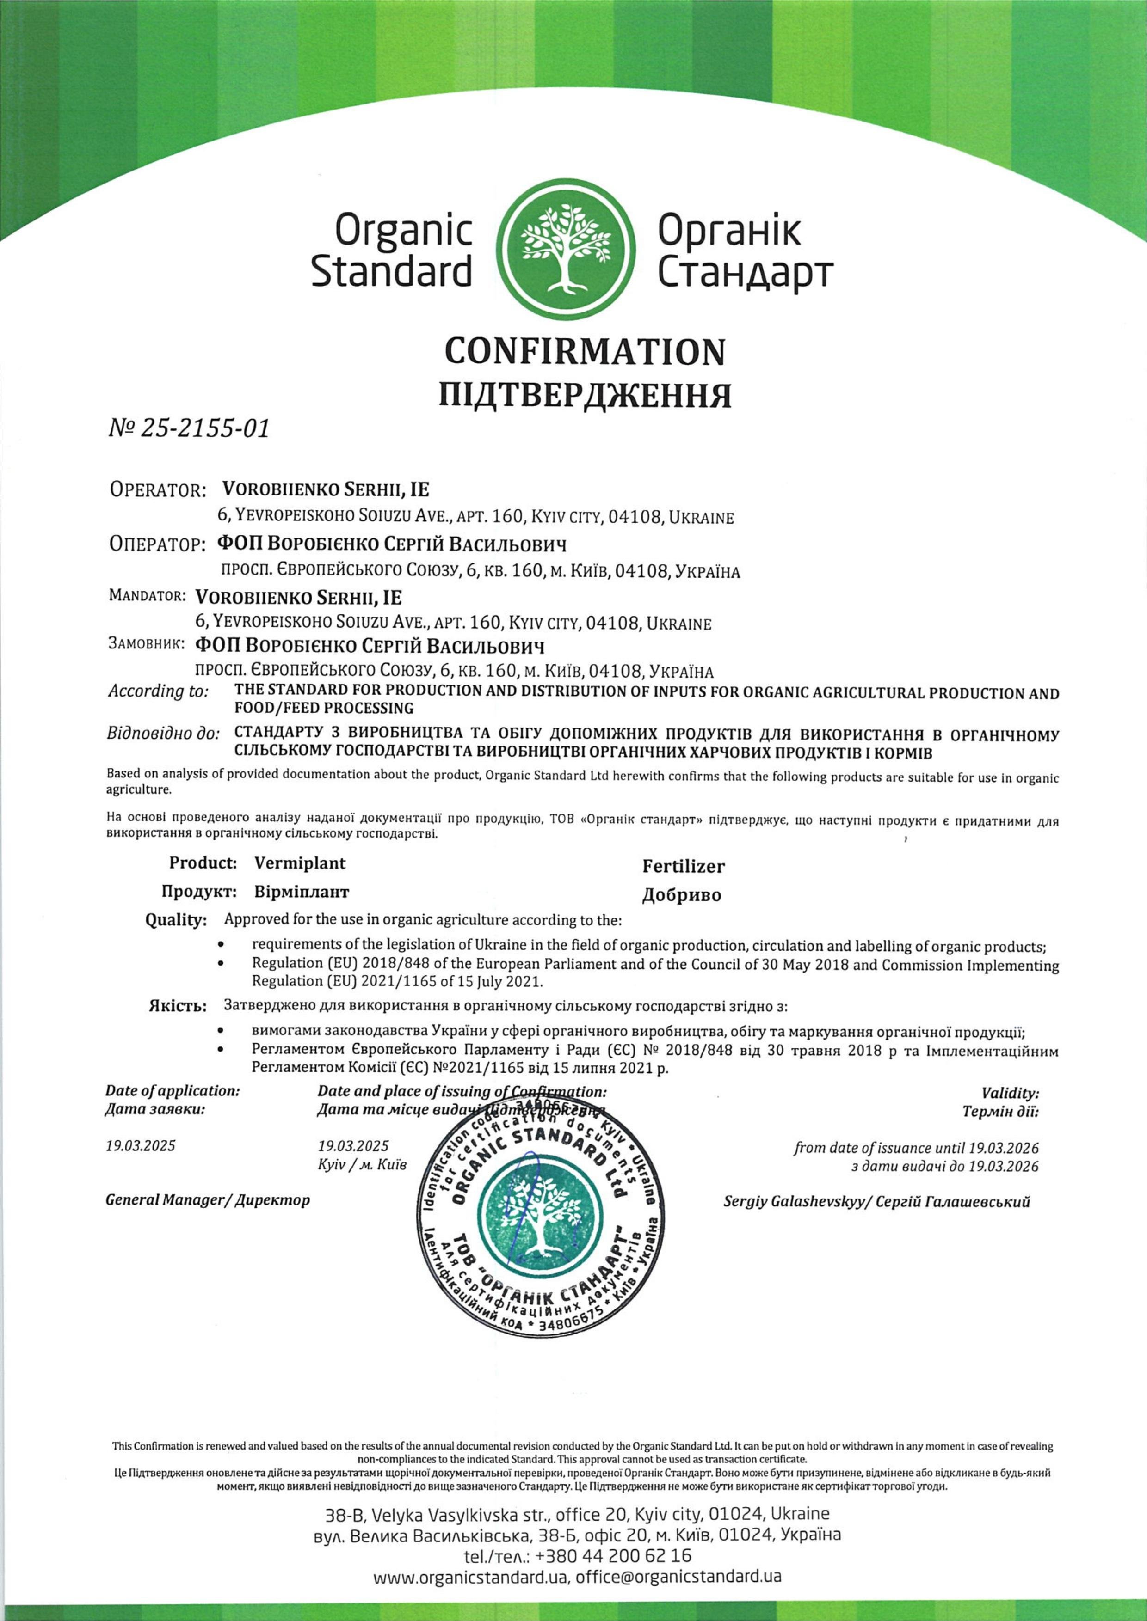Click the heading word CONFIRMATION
[x=584, y=352]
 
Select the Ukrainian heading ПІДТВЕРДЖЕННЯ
[x=585, y=396]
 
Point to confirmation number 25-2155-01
[x=189, y=428]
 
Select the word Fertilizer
[x=683, y=866]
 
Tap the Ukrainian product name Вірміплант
[x=301, y=892]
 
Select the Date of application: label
[x=173, y=1091]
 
